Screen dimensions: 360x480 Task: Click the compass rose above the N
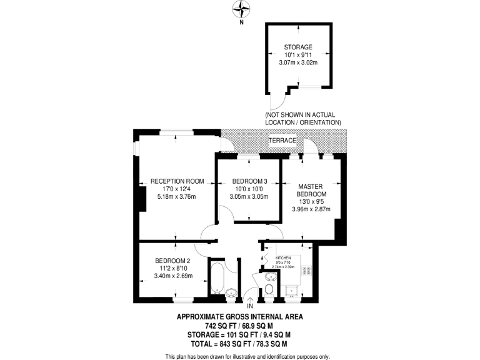(241, 9)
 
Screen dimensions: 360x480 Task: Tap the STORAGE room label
(297, 47)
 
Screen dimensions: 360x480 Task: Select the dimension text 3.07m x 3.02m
(297, 62)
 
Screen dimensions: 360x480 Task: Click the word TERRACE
(282, 141)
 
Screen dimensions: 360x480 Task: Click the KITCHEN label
(284, 256)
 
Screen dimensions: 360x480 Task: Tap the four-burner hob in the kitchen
(307, 271)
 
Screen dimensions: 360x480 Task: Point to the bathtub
(216, 279)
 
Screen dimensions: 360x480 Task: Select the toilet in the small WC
(269, 289)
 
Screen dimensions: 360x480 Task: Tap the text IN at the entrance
(249, 306)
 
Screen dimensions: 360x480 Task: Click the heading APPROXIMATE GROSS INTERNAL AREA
(240, 317)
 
